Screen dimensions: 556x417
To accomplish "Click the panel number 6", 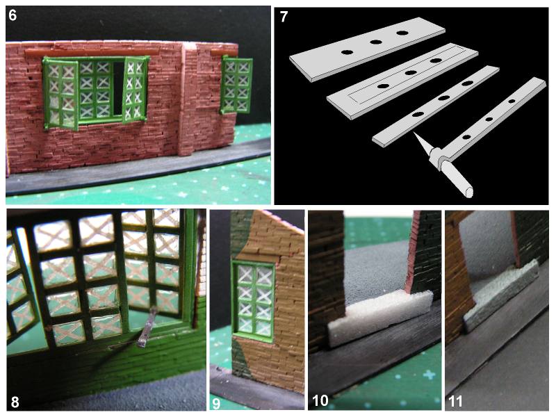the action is tap(13, 15).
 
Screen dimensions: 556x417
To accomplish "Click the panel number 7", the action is tap(284, 17).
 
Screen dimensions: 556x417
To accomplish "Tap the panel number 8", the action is tap(15, 402).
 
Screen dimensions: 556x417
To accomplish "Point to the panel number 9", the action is tap(216, 403).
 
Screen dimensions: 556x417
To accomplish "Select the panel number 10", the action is tap(320, 401).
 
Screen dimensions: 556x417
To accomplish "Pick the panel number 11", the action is tap(455, 401).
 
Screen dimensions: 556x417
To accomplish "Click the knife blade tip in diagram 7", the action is tap(414, 132).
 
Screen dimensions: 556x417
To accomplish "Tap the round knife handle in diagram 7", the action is tap(457, 179).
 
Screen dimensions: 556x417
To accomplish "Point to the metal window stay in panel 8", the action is tap(146, 327).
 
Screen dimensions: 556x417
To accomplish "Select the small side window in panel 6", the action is tap(236, 85).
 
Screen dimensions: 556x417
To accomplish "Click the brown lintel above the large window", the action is tap(92, 52).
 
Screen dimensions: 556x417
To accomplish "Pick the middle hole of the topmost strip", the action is tap(375, 42).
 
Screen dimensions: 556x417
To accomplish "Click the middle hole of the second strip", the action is tap(410, 73).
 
